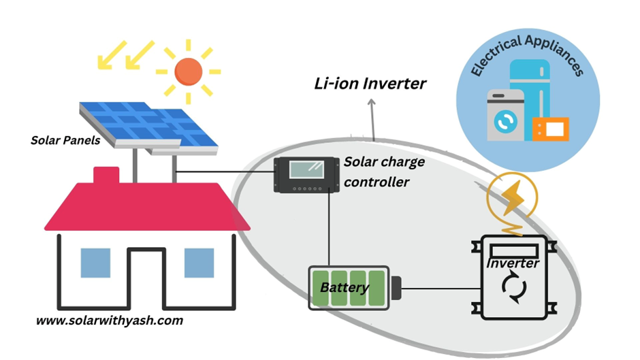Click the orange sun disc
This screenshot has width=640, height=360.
(189, 71)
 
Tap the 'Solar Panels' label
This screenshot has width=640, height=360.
(65, 141)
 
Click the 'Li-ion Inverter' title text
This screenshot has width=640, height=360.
(370, 84)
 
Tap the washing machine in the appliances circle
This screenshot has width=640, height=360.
(505, 115)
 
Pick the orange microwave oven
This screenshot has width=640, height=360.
(550, 128)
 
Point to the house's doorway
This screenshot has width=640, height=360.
(147, 276)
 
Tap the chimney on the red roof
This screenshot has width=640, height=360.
(106, 176)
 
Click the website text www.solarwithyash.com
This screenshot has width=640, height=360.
(109, 320)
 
